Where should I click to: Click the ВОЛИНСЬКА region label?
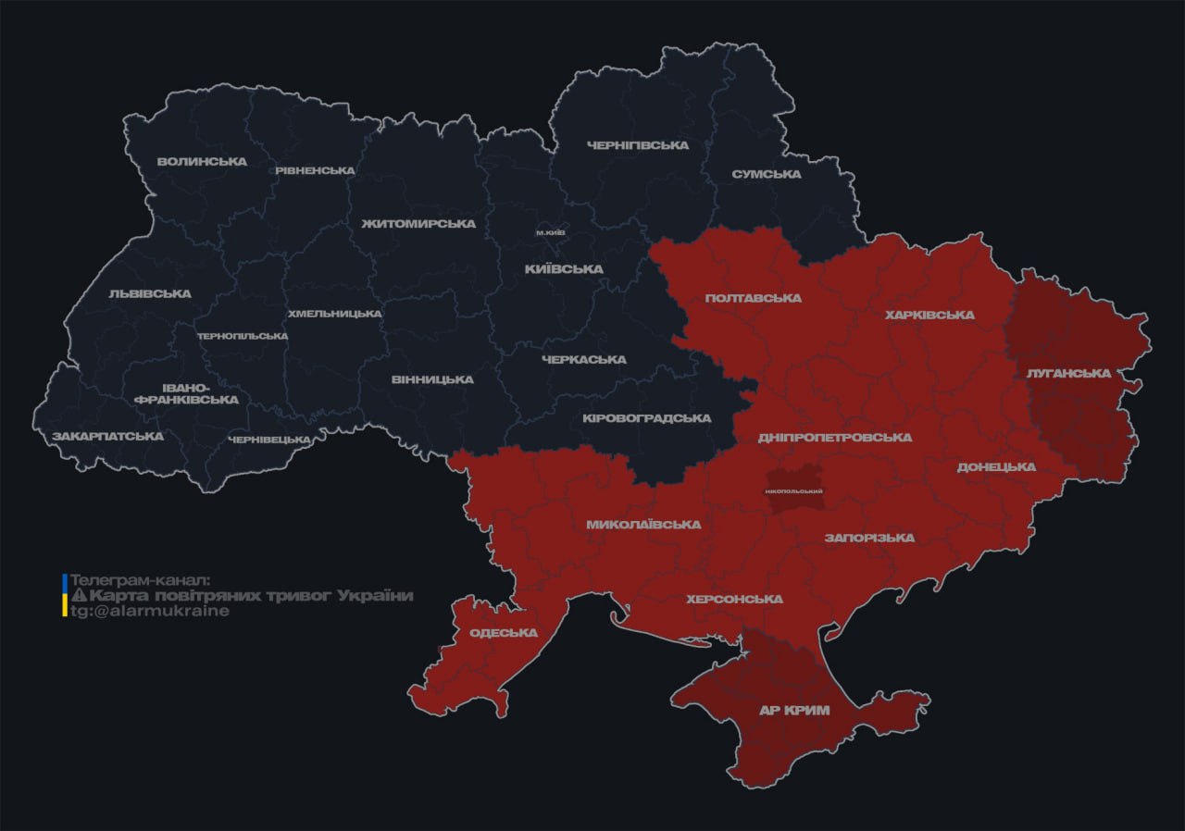pyautogui.click(x=202, y=161)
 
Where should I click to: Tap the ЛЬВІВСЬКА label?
pyautogui.click(x=149, y=293)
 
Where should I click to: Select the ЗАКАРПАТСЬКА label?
pyautogui.click(x=107, y=436)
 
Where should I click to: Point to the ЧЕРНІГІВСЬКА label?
pyautogui.click(x=638, y=145)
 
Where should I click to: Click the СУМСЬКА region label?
pyautogui.click(x=766, y=174)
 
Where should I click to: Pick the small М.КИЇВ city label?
pyautogui.click(x=551, y=232)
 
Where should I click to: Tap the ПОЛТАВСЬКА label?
pyautogui.click(x=753, y=298)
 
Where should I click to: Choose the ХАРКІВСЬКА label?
pyautogui.click(x=929, y=315)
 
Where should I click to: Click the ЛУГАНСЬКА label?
pyautogui.click(x=1067, y=373)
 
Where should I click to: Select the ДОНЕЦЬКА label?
pyautogui.click(x=996, y=466)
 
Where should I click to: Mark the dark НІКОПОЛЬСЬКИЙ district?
pyautogui.click(x=794, y=490)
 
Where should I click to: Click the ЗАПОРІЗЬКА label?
pyautogui.click(x=869, y=538)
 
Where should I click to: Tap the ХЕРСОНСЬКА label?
pyautogui.click(x=734, y=599)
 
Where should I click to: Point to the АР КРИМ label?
pyautogui.click(x=793, y=710)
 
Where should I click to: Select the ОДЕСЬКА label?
pyautogui.click(x=504, y=632)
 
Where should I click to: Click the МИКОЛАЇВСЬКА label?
pyautogui.click(x=643, y=524)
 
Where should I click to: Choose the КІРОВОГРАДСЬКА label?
pyautogui.click(x=646, y=417)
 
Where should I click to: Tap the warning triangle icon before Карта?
pyautogui.click(x=79, y=595)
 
